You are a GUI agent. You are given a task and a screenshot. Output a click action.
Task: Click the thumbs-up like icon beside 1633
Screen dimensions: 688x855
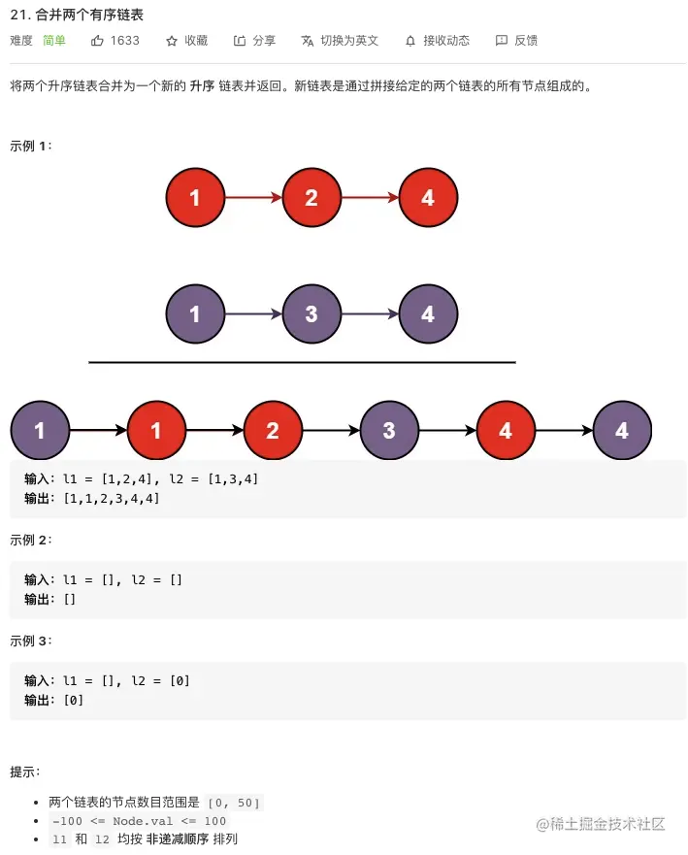[x=97, y=41]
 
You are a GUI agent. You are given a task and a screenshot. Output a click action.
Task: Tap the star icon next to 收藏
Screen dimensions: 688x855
[x=172, y=41]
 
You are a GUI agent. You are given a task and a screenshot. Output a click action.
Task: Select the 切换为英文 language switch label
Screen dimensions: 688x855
[x=349, y=41]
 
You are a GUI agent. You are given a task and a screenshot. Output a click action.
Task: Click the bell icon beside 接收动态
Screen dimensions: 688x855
[x=410, y=41]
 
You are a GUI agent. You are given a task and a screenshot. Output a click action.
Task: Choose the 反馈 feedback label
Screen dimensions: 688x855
[x=526, y=41]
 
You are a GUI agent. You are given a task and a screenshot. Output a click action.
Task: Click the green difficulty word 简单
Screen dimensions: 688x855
[x=54, y=41]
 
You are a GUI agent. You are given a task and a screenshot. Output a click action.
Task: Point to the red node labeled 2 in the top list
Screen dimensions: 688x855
[x=311, y=197]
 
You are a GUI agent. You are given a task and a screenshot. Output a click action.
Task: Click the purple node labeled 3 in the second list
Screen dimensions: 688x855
[x=311, y=313]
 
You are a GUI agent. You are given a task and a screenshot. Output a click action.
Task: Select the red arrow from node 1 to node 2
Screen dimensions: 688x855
[x=253, y=197]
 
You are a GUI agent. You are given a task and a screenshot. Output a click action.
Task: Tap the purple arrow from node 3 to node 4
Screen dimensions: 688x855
[x=370, y=313]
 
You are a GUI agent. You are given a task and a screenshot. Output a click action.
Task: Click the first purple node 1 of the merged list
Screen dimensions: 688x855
[x=40, y=430]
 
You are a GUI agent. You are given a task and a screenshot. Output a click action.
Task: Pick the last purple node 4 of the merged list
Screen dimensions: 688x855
[x=622, y=430]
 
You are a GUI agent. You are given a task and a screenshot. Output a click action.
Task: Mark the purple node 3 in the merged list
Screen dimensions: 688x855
[x=389, y=430]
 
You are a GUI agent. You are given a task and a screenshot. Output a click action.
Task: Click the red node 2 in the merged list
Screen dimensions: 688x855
[x=273, y=430]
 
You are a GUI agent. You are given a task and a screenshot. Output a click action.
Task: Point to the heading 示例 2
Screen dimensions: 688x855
[x=30, y=540]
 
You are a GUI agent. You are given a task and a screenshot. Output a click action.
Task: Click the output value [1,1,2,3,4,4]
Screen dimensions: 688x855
[x=112, y=499]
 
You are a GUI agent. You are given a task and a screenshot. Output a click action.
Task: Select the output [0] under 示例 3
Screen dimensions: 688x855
[x=73, y=700]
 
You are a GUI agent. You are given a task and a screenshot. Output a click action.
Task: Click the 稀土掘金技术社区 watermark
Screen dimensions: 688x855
[x=601, y=824]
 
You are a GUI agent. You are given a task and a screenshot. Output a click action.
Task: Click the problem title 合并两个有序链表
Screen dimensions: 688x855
[x=89, y=15]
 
